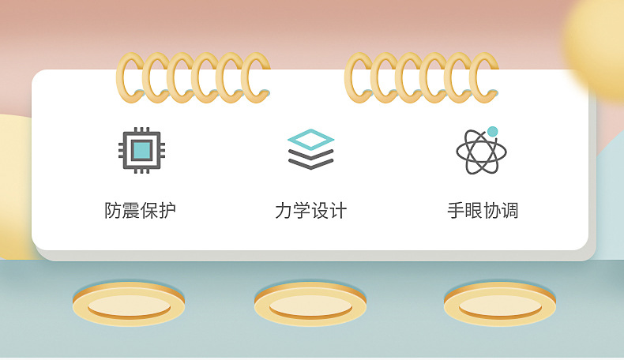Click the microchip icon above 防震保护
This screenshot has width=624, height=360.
[x=141, y=150]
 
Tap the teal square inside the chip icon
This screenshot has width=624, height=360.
[x=141, y=150]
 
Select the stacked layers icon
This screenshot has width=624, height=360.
[x=310, y=149]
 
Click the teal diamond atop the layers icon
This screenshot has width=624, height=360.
[x=310, y=139]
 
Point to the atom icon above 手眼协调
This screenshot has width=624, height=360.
[x=482, y=151]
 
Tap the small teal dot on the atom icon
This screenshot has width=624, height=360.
[x=493, y=131]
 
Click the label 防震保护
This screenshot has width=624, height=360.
[x=140, y=210]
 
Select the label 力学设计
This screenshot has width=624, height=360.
[x=310, y=210]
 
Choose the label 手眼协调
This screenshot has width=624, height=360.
[x=483, y=210]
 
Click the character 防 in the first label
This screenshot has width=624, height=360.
[x=113, y=210]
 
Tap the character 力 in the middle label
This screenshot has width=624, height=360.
[x=284, y=210]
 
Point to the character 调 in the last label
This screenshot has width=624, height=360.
[x=509, y=210]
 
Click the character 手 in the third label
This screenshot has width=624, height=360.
[x=456, y=210]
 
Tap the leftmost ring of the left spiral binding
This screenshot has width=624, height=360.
[x=120, y=77]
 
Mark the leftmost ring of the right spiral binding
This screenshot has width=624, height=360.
[x=348, y=77]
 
